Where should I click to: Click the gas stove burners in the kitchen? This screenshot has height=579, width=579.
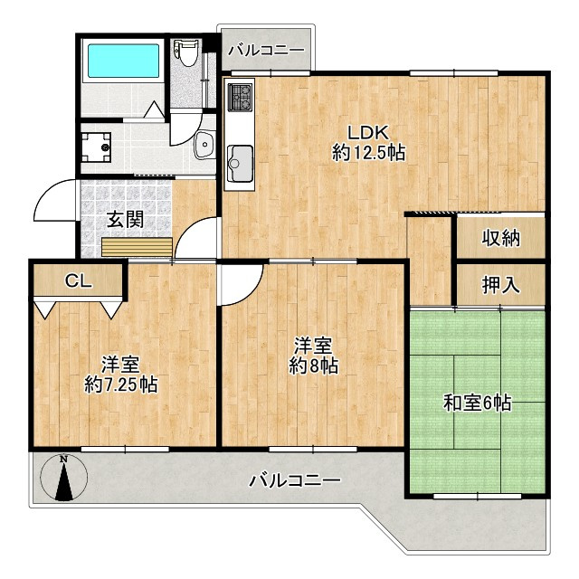(241, 98)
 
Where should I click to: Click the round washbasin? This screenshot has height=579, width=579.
(204, 142)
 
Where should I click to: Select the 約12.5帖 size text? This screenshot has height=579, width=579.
(367, 153)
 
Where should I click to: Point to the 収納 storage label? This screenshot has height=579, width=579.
(500, 238)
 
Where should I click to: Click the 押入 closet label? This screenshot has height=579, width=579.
(500, 285)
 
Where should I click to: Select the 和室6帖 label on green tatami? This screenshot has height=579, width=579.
(477, 403)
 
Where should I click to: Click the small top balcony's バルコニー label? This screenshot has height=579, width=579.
(266, 50)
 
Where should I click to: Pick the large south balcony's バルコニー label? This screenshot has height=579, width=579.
(295, 479)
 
